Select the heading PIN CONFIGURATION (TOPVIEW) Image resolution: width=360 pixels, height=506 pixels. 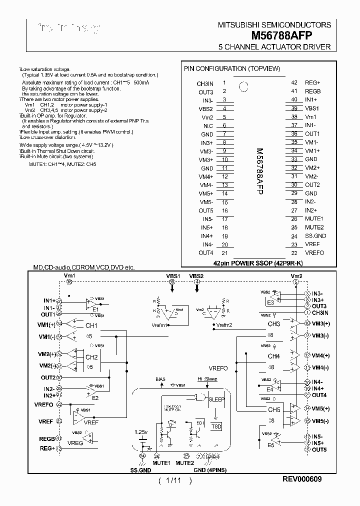coord(231,68)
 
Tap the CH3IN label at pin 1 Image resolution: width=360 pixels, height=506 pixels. coord(205,83)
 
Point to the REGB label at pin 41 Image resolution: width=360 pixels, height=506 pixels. coord(312,91)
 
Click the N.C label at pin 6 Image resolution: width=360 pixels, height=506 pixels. coord(208,125)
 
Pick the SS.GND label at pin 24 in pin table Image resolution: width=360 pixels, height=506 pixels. coord(315,236)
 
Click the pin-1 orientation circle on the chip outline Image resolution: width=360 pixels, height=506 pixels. coord(243,86)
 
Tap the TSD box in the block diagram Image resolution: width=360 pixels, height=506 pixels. coord(216,426)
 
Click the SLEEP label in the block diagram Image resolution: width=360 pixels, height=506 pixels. coord(216,399)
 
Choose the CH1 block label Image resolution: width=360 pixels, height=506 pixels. coord(91,325)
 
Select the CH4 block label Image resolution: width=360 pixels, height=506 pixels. coord(273,356)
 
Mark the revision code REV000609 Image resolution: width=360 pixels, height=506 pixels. coord(301,479)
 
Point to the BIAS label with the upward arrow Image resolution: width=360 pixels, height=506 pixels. coord(160,379)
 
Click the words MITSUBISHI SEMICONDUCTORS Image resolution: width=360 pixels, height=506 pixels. coord(274,24)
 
